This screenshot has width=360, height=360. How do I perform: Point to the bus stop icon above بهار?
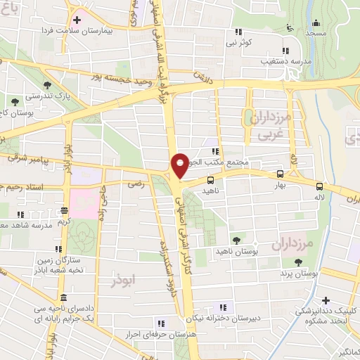pyautogui.click(x=281, y=173)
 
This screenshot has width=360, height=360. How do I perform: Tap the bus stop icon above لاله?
pyautogui.click(x=319, y=186)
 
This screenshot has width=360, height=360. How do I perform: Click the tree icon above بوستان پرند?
pyautogui.click(x=300, y=262)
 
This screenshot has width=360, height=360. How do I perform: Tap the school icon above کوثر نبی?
pyautogui.click(x=239, y=32)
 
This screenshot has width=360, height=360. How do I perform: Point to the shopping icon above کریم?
pyautogui.click(x=64, y=209)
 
